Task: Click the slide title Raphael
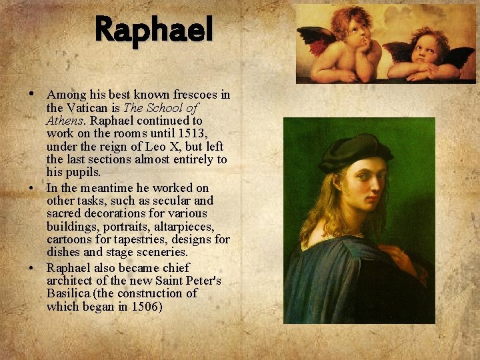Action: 154,30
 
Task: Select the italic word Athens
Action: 65,121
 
